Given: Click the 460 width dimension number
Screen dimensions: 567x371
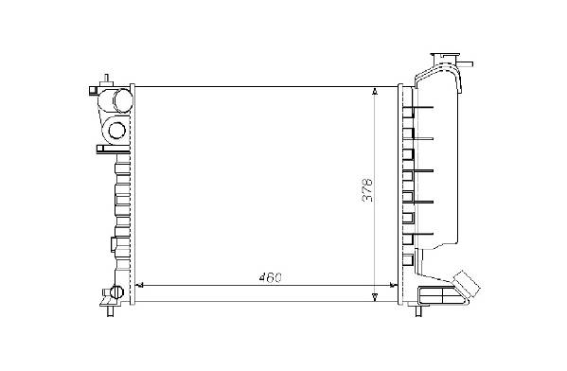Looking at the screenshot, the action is click(271, 277).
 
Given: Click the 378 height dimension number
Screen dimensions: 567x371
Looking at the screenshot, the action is click(367, 189).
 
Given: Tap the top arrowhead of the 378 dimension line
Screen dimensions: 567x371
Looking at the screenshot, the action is click(375, 91).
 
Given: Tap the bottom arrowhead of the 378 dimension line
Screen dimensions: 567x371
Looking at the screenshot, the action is click(375, 297).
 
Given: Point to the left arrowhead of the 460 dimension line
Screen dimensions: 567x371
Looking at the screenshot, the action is click(140, 285).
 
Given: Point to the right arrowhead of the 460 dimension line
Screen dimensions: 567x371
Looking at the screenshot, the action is click(392, 285).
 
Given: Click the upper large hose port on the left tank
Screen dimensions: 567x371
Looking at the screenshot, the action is click(122, 99).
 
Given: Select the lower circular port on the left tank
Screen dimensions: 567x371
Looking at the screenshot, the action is click(116, 131).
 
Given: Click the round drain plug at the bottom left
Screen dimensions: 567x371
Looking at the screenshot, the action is click(116, 291).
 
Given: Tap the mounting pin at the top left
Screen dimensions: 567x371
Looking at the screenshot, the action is click(106, 79).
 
